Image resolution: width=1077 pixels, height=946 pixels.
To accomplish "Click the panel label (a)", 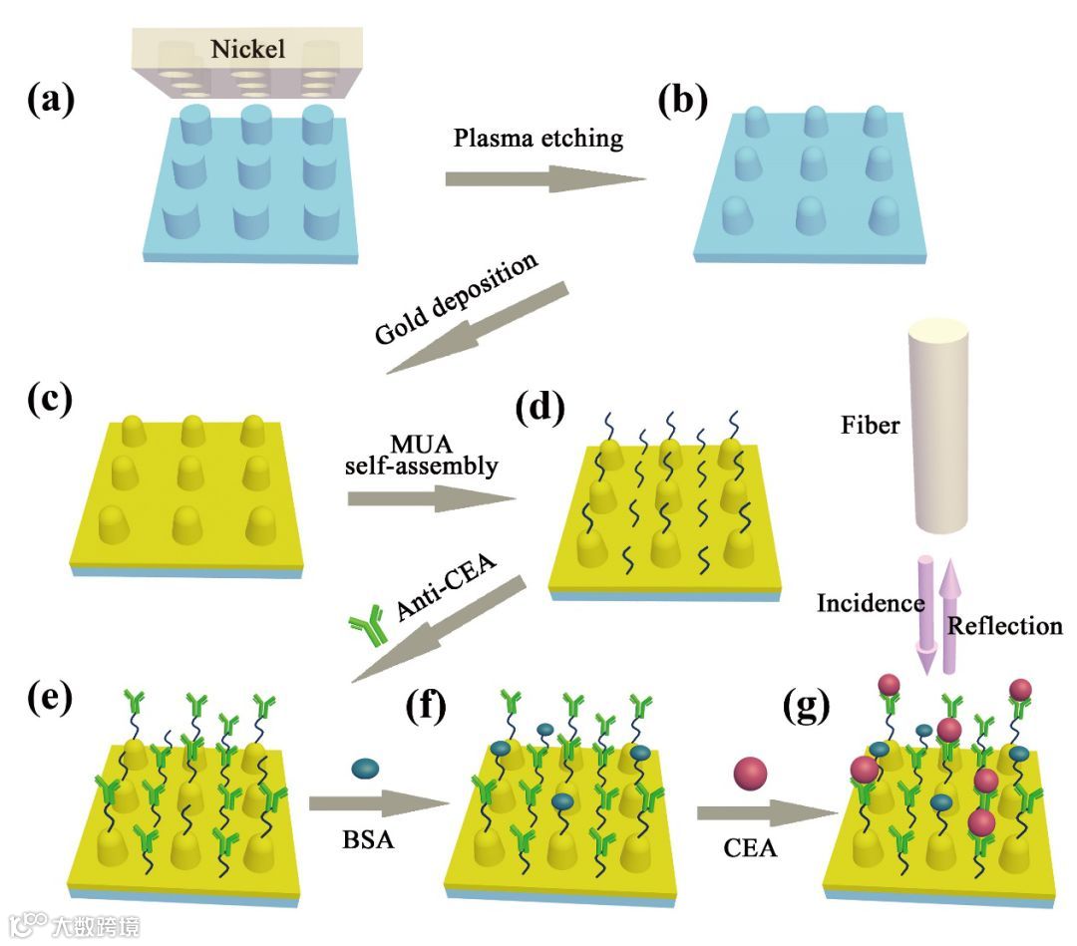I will [51, 100].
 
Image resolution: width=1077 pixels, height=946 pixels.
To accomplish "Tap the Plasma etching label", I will [538, 139].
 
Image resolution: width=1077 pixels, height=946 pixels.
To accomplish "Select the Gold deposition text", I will [456, 298].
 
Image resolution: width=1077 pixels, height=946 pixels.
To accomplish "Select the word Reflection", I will [1004, 626].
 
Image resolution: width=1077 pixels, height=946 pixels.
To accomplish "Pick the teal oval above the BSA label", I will [366, 769].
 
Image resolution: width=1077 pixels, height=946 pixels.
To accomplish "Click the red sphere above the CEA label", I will [750, 775].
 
